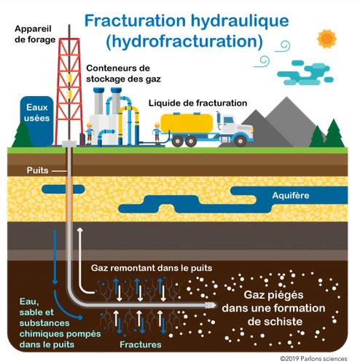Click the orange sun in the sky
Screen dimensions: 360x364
click(326, 39)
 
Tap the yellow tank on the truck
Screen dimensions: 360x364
click(187, 123)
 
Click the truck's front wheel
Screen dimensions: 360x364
click(240, 141)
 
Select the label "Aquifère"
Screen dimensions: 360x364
click(291, 195)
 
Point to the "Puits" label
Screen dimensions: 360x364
click(37, 170)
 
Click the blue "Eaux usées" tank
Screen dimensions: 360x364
click(36, 121)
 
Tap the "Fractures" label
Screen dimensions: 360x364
click(141, 344)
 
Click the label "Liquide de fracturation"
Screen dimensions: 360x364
click(197, 103)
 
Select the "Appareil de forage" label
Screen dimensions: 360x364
click(35, 34)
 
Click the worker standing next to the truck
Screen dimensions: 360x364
click(157, 133)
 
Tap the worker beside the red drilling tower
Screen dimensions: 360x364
click(90, 134)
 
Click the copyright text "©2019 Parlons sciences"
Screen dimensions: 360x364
click(313, 359)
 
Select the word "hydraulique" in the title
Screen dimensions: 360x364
click(240, 21)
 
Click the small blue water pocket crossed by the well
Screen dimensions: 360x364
click(63, 189)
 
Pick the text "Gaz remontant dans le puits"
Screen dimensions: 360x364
click(152, 268)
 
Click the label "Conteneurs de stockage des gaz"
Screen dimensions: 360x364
click(123, 74)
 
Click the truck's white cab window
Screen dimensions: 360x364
click(228, 119)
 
